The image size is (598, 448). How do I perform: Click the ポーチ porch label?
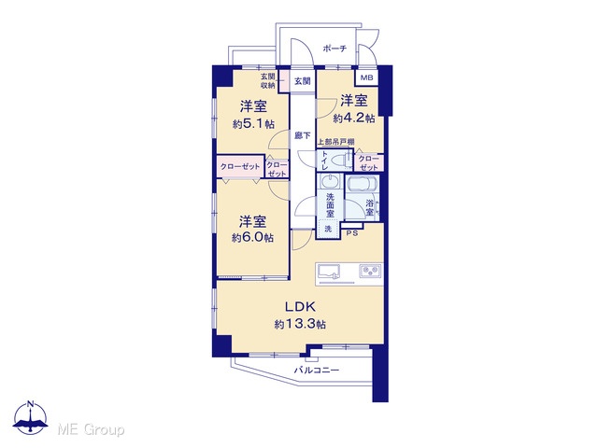pos(335,49)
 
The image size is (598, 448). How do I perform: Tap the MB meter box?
pos(367,77)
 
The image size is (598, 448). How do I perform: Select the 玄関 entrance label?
pos(303,81)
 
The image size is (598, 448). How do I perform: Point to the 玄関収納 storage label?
pos(268,81)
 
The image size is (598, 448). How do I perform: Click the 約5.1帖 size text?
pos(253,124)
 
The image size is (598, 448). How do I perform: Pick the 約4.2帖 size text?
pos(353,119)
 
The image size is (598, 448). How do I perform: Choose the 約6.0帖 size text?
pos(252,238)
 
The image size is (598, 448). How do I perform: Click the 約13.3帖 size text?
pos(300,324)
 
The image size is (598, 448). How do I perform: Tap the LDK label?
pos(301,306)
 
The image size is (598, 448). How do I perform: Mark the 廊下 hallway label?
pos(303,135)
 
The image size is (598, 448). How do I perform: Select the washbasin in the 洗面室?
pos(330,181)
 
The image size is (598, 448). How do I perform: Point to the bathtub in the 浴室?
pos(362,185)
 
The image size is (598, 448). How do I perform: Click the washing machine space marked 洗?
pos(328,229)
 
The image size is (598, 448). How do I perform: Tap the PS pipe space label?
pos(352,233)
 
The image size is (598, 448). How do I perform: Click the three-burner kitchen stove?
pos(370,271)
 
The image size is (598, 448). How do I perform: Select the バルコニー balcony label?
pos(316,370)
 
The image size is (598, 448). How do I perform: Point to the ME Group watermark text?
pos(91,430)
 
